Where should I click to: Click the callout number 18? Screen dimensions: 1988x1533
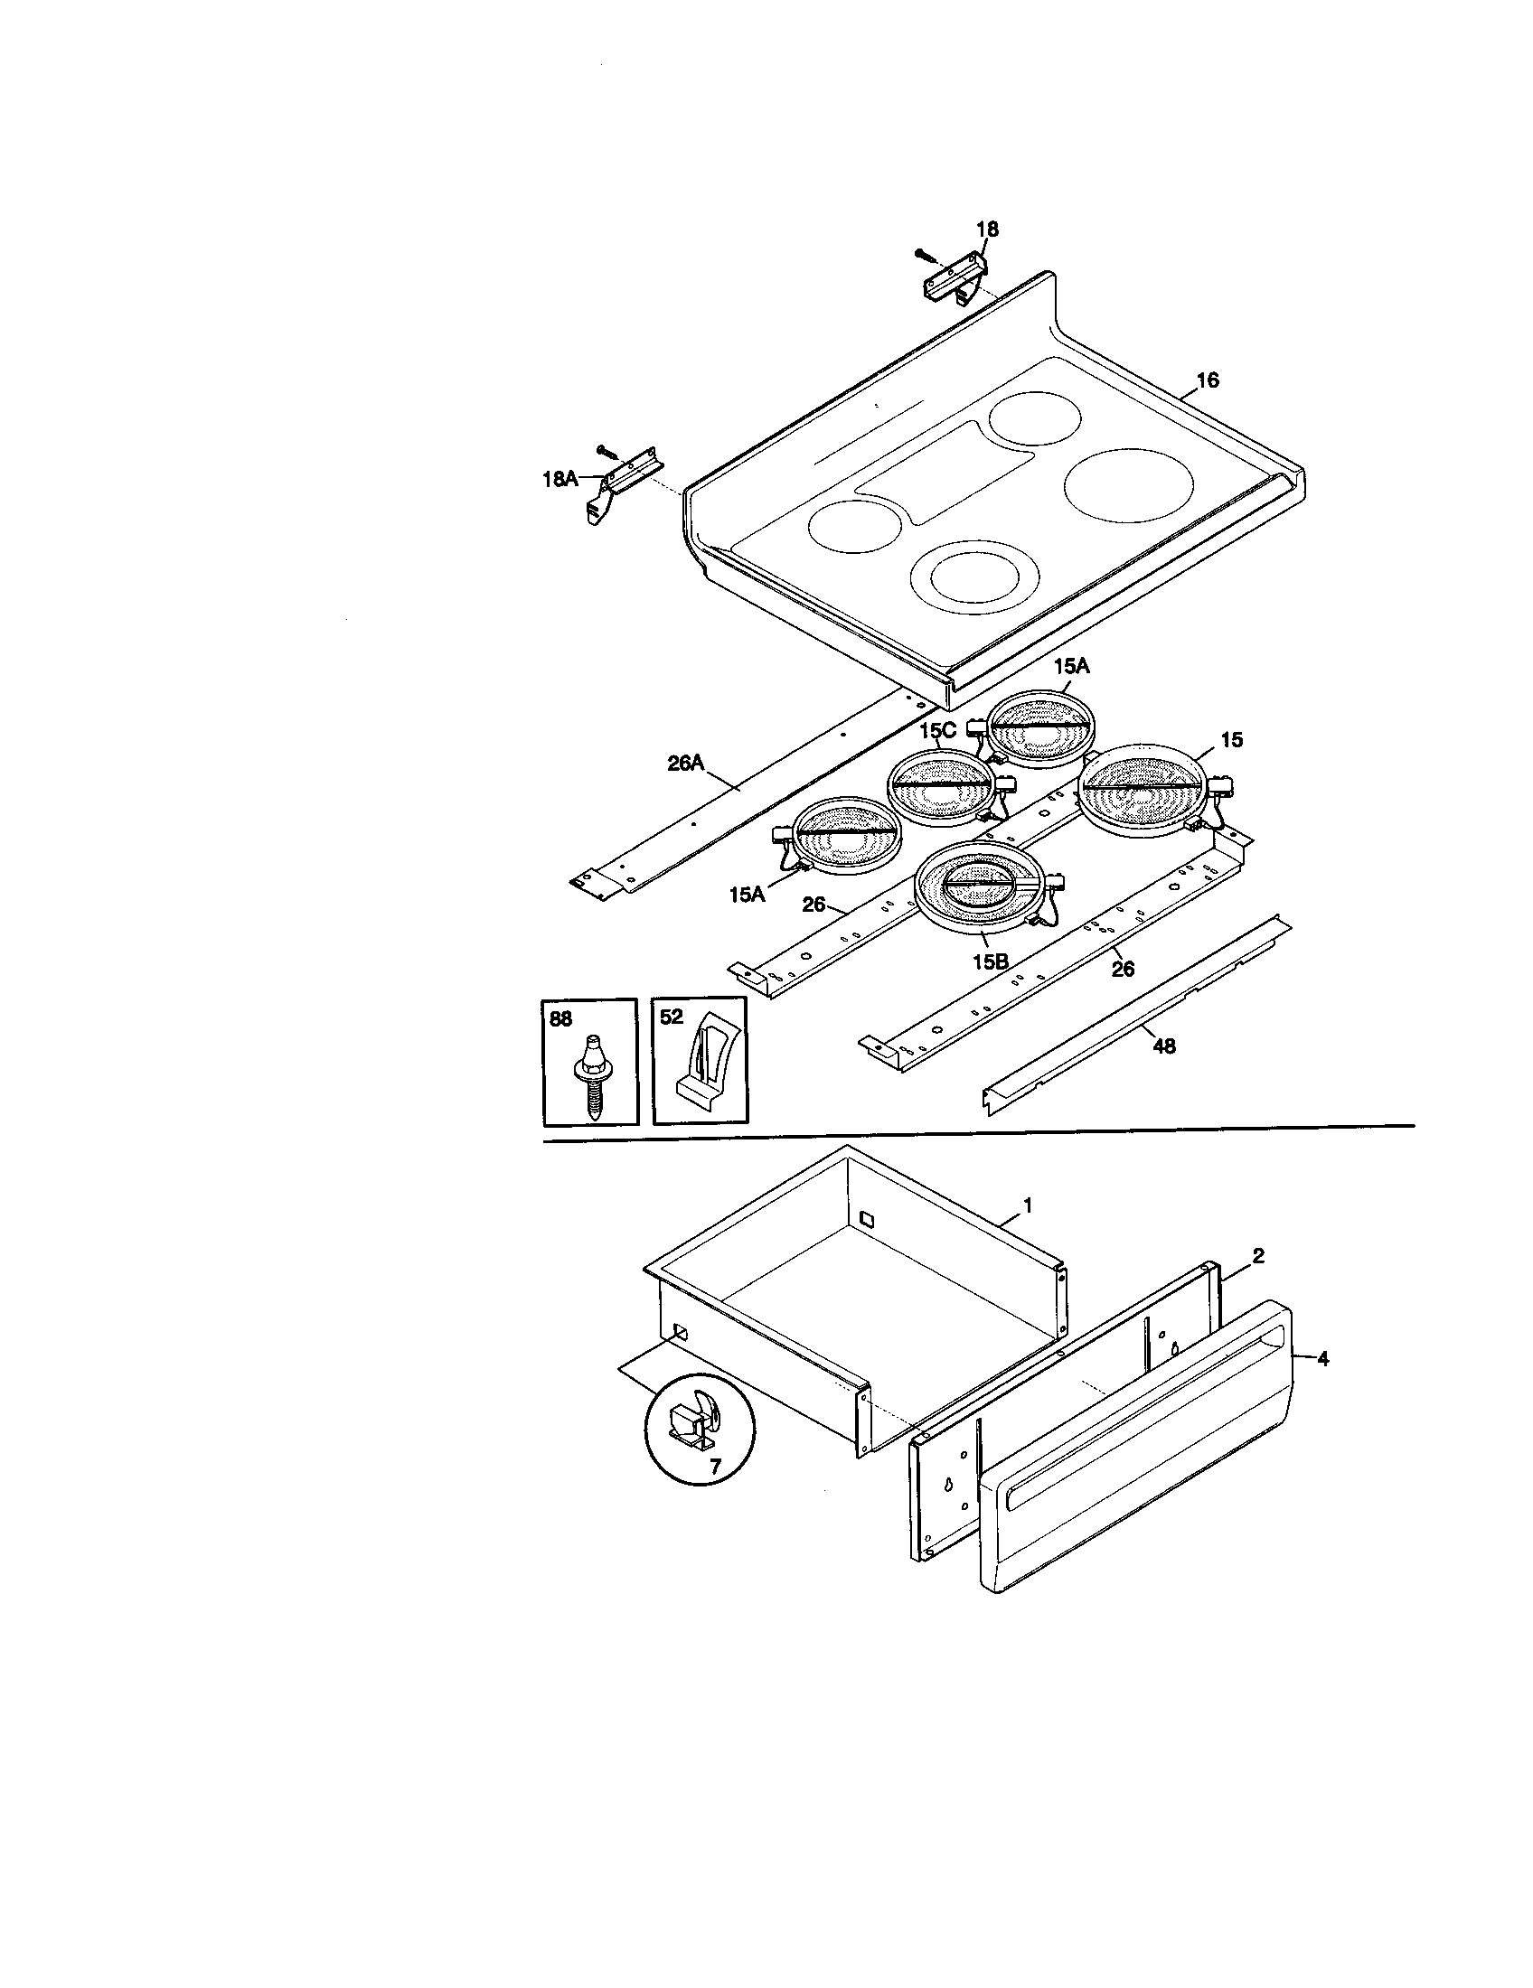(x=987, y=230)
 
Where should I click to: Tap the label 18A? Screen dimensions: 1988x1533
(x=560, y=478)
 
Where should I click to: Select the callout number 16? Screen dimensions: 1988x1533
(x=1207, y=380)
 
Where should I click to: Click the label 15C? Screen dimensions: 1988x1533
(x=937, y=731)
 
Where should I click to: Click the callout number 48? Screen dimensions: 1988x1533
(x=1164, y=1046)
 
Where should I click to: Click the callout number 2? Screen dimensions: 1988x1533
(x=1258, y=1256)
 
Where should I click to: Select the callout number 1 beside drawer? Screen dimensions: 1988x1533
(x=1028, y=1205)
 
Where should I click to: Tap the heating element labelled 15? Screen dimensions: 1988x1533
(x=1143, y=788)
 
